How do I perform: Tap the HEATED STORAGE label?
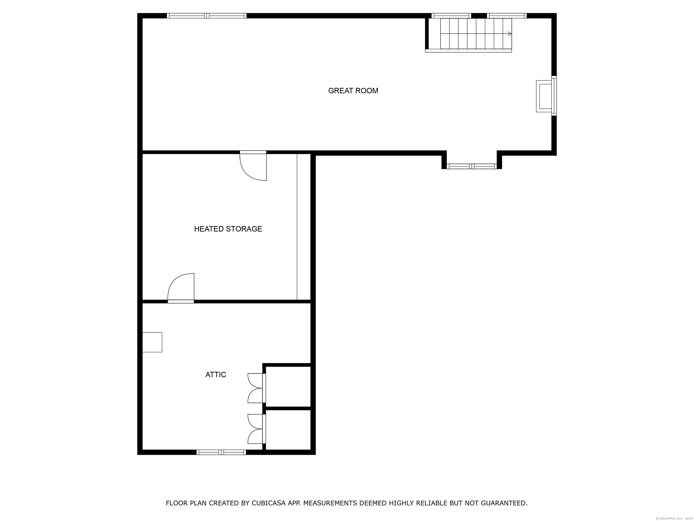(228, 229)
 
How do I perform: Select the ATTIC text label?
(216, 375)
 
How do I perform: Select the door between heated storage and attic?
(181, 287)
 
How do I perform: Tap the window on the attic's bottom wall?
(221, 452)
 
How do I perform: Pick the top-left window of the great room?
(207, 16)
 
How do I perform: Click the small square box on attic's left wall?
(152, 342)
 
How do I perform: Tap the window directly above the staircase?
(451, 16)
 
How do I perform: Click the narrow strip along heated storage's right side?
(304, 227)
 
